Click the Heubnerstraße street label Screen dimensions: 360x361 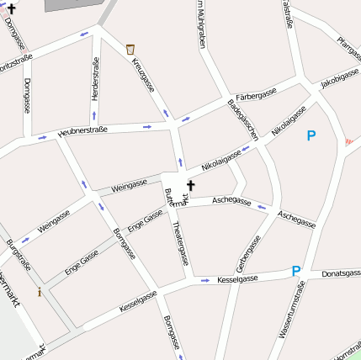click(82, 131)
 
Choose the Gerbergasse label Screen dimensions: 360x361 click(248, 253)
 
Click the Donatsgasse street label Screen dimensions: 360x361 click(341, 273)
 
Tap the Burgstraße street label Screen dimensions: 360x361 click(18, 255)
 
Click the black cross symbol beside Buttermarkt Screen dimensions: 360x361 click(190, 185)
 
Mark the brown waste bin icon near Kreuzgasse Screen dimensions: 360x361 click(130, 50)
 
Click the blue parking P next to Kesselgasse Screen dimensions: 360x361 click(295, 271)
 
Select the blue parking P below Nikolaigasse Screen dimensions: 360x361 click(311, 135)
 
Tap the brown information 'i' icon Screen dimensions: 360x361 click(40, 292)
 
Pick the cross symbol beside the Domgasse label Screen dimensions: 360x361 click(11, 8)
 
